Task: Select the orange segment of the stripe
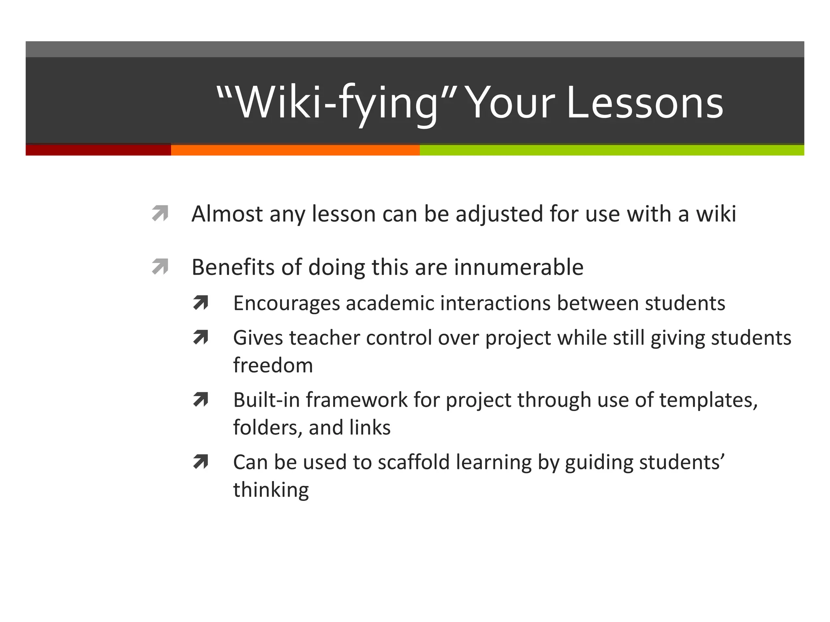tap(295, 150)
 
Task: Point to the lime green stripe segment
tap(612, 150)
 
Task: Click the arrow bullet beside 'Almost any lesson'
tap(160, 213)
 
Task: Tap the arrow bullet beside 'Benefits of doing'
tap(160, 267)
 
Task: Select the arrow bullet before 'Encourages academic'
tap(201, 303)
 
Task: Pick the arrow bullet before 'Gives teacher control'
tap(201, 337)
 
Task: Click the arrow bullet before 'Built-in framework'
tap(201, 400)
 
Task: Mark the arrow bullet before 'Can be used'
tap(201, 462)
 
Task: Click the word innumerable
tap(519, 267)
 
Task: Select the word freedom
tap(273, 365)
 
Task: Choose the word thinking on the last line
tap(271, 490)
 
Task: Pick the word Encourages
tap(287, 304)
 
